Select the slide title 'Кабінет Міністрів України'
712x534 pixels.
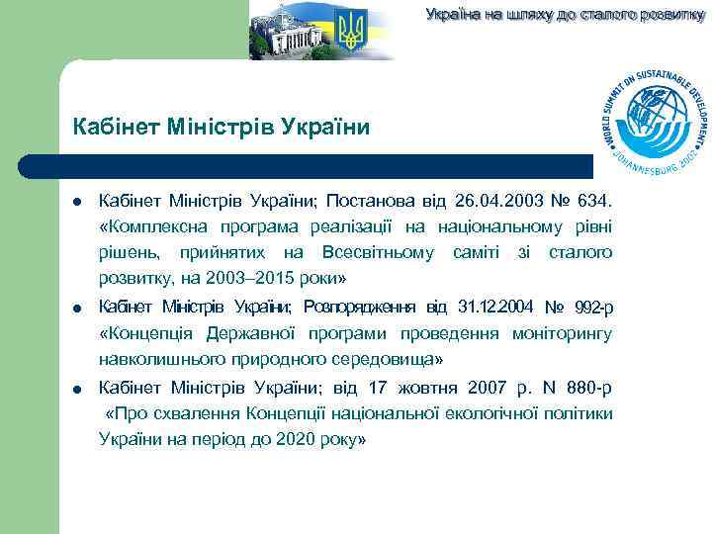pos(222,128)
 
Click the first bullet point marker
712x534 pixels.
pos(76,204)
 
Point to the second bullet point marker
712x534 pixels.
pos(76,307)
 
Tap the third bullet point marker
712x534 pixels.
pos(76,387)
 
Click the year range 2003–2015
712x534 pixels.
pos(250,277)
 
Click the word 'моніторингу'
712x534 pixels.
pos(562,332)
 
